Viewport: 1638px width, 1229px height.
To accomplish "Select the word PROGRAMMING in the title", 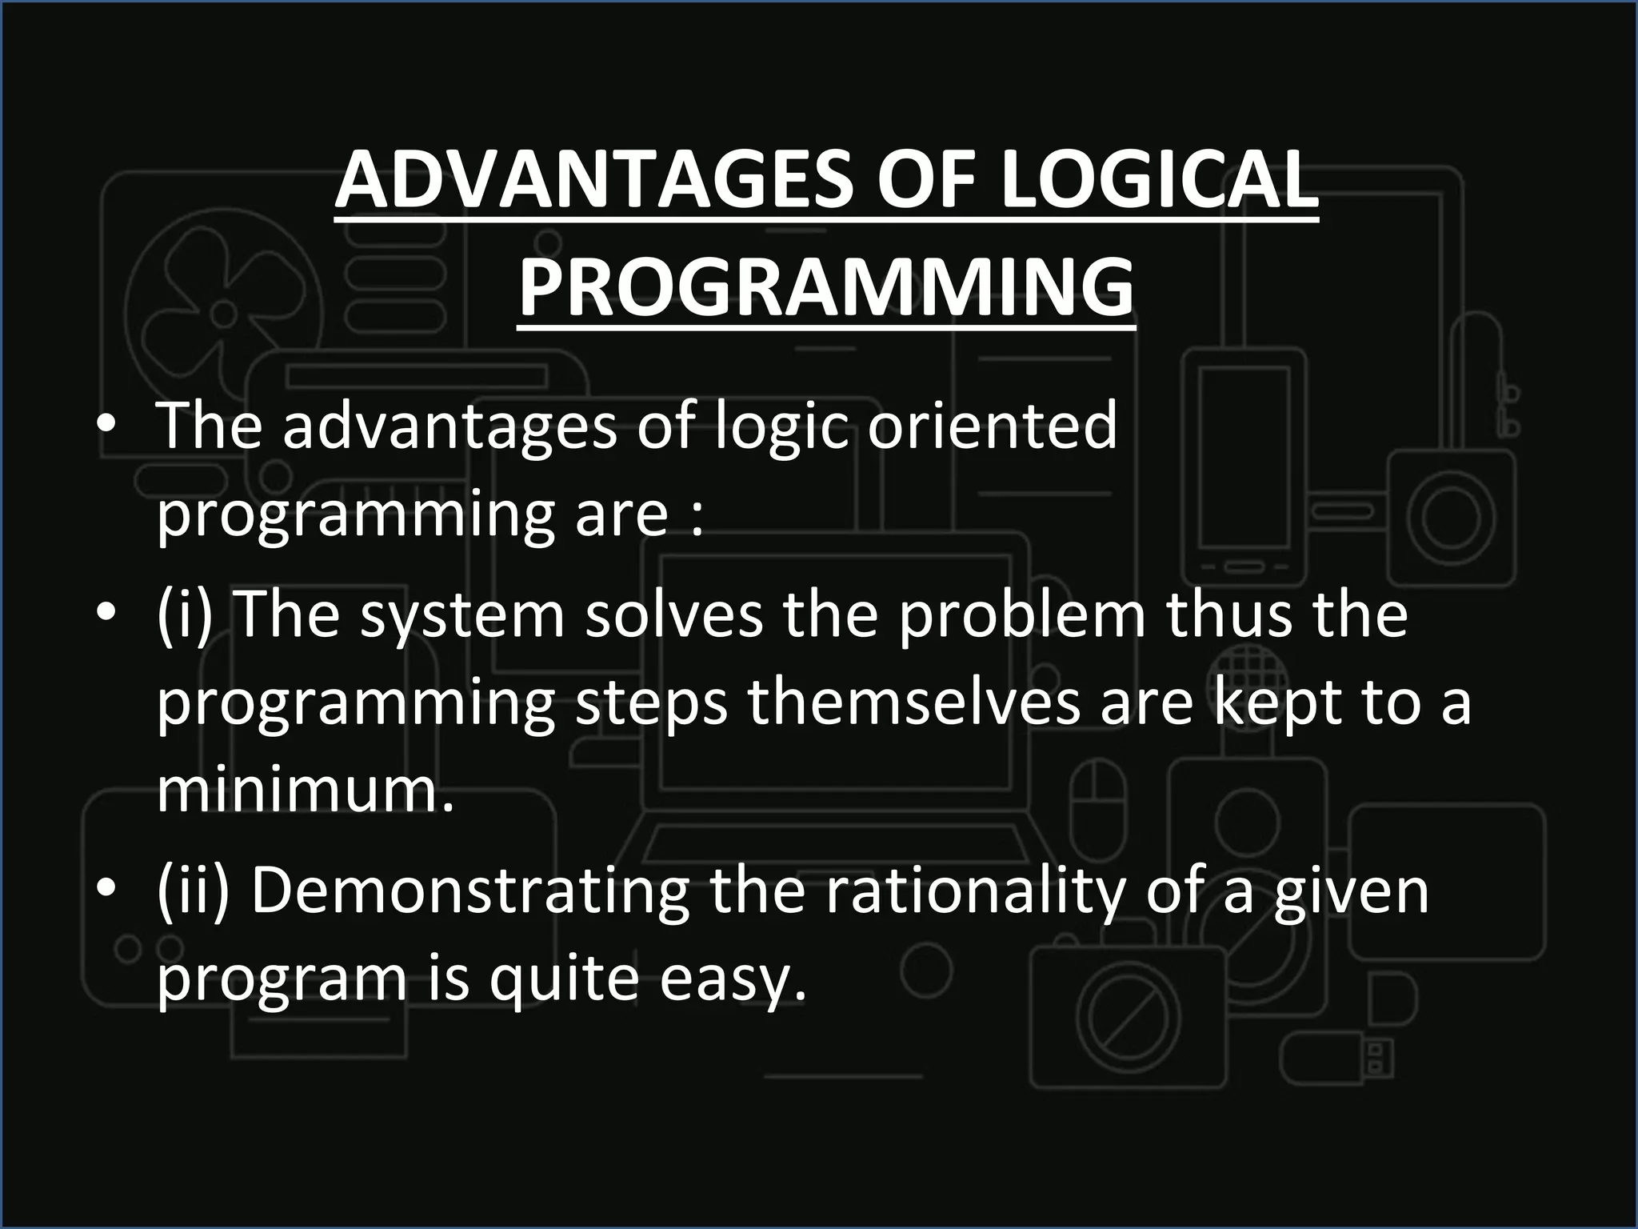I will pyautogui.click(x=825, y=286).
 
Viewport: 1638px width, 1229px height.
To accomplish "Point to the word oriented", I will pyautogui.click(x=992, y=426).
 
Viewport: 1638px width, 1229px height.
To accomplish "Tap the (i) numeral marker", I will pyautogui.click(x=185, y=614).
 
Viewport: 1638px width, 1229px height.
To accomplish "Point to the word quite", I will pyautogui.click(x=564, y=979).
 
